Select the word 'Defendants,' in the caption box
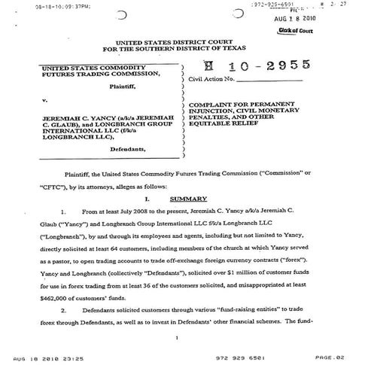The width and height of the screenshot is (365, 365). (x=129, y=150)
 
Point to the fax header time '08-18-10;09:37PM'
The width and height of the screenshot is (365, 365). (x=59, y=7)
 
